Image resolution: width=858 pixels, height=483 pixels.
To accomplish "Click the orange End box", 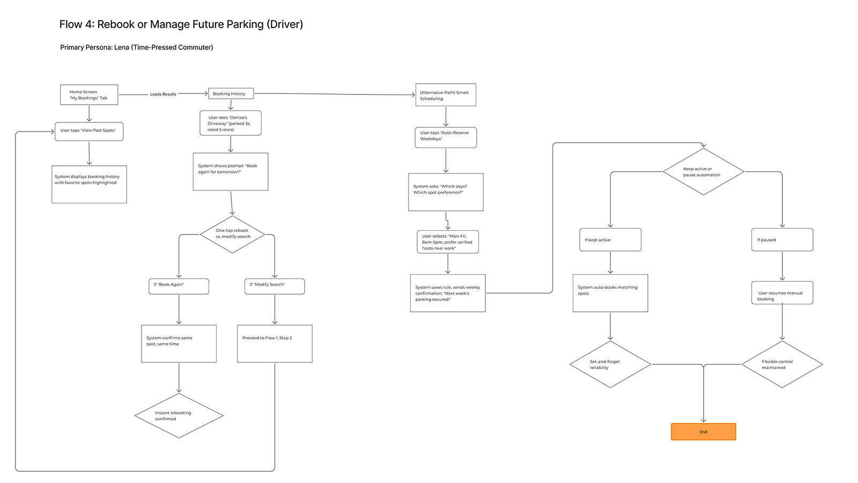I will point(703,431).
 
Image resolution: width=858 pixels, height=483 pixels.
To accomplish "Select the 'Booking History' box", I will point(231,93).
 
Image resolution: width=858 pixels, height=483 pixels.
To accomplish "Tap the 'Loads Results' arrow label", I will point(163,94).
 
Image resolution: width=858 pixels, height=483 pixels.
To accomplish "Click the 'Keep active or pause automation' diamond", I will point(703,172).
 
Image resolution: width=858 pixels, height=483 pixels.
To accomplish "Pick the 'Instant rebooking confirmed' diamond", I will point(179,416).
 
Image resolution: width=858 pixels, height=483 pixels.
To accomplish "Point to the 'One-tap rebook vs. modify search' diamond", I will point(232,234).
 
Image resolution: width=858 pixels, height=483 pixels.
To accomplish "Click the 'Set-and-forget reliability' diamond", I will point(610,364).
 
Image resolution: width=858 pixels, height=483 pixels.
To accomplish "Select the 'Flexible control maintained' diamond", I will point(782,364).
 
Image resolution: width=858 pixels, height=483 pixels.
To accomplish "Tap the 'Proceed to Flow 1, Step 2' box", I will point(275,343).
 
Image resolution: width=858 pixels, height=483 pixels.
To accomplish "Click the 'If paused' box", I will point(782,240).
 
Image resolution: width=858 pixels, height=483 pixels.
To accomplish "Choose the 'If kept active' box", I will point(610,240).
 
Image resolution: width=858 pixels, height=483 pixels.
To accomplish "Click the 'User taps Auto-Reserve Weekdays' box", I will point(445,137).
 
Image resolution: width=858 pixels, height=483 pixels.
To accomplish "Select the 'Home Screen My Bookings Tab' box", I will point(89,95).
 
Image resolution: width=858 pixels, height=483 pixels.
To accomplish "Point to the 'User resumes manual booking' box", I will point(782,293).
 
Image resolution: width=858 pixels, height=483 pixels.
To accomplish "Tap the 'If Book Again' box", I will point(179,286).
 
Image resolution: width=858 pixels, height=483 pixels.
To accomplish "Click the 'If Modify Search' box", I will point(275,286).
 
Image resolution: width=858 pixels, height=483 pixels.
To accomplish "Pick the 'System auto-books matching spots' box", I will point(610,293).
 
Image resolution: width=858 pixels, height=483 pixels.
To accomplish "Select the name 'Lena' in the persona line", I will point(122,47).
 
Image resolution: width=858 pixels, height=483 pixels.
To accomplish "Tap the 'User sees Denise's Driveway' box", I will point(231,123).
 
